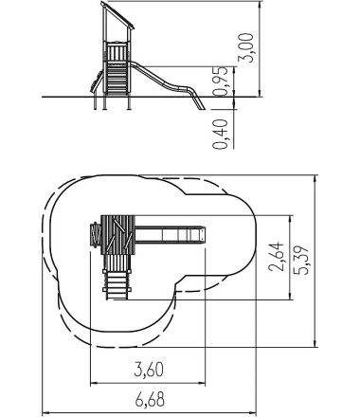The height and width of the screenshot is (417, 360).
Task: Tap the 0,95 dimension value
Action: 220,82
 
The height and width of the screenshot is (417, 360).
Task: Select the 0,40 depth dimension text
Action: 220,135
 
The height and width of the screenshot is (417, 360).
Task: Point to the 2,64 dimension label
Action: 276,257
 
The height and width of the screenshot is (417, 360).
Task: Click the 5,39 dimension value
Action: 301,260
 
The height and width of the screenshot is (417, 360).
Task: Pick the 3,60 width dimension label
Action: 149,370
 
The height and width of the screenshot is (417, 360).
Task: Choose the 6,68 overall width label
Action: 150,400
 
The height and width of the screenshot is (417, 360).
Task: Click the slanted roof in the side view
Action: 117,15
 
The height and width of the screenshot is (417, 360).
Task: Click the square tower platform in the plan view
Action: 117,235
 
